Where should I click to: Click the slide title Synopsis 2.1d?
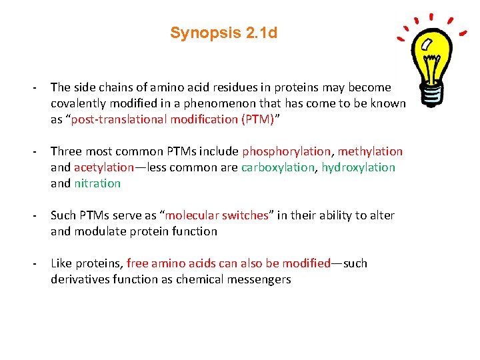point(223,33)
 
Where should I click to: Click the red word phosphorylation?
point(286,151)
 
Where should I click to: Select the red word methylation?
point(370,151)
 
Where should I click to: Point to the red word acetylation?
point(104,167)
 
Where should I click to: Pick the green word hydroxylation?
point(359,167)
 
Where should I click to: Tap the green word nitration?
point(97,183)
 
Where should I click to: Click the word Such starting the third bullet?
point(63,215)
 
